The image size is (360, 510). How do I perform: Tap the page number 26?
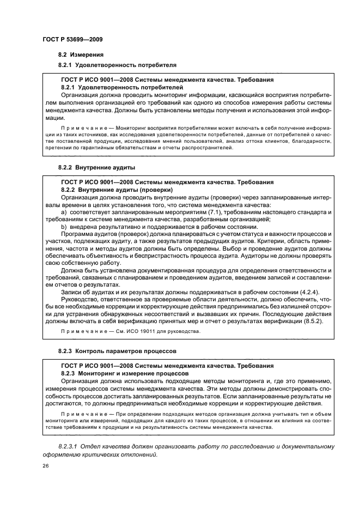pyautogui.click(x=45, y=466)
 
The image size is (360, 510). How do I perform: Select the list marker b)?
pyautogui.click(x=64, y=227)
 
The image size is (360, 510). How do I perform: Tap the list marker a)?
pyautogui.click(x=64, y=212)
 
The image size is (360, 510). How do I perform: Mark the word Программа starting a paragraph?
pyautogui.click(x=80, y=234)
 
